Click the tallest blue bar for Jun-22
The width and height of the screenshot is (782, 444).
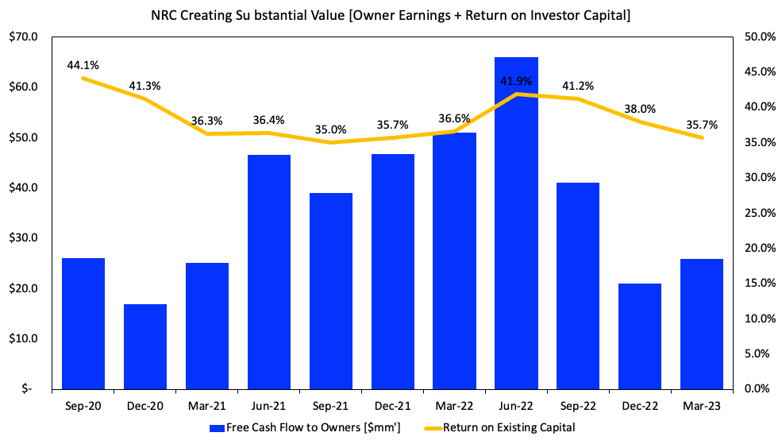516,222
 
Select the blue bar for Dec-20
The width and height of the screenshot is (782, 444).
145,346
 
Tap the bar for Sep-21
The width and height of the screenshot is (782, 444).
331,291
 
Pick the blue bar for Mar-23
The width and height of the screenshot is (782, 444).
702,324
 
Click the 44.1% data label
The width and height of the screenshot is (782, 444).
83,64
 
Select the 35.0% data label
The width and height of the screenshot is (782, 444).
331,129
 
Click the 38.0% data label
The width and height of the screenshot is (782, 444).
640,109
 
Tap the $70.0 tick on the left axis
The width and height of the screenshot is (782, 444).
24,37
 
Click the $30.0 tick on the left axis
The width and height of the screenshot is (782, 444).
24,238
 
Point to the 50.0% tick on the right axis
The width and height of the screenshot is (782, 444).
758,37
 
